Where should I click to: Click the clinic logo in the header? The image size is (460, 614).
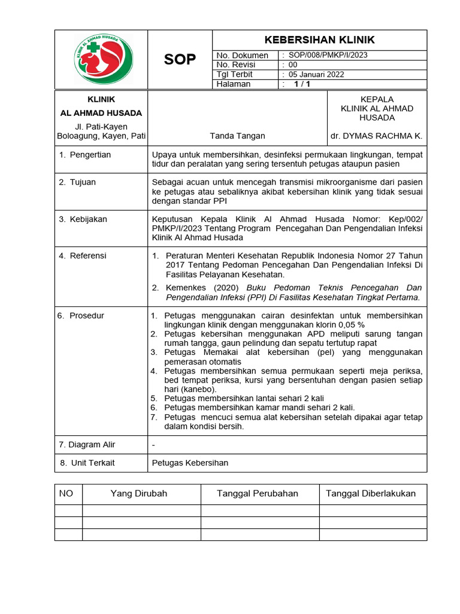coord(103,59)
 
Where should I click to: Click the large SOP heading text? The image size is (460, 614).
coord(180,59)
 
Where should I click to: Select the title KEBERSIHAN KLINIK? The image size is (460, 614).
coord(320,40)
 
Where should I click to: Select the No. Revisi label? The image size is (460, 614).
coord(236,65)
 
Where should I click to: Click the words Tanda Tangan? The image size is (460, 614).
coord(237,136)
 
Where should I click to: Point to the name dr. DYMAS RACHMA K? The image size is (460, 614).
coord(376,136)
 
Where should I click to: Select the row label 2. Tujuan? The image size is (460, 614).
coord(77,182)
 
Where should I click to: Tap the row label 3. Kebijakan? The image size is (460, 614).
coord(83,219)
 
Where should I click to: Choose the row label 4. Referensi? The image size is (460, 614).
coord(83,255)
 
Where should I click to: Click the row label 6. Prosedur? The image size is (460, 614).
coord(81,315)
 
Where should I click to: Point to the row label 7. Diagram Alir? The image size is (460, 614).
coord(87,444)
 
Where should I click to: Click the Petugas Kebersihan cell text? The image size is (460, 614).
coord(190,463)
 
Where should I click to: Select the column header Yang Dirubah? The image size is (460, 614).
coord(139,493)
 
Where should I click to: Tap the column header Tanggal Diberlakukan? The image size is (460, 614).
coord(371,493)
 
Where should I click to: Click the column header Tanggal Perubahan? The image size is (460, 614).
coord(258,493)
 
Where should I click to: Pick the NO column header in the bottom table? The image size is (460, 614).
coord(66,493)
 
